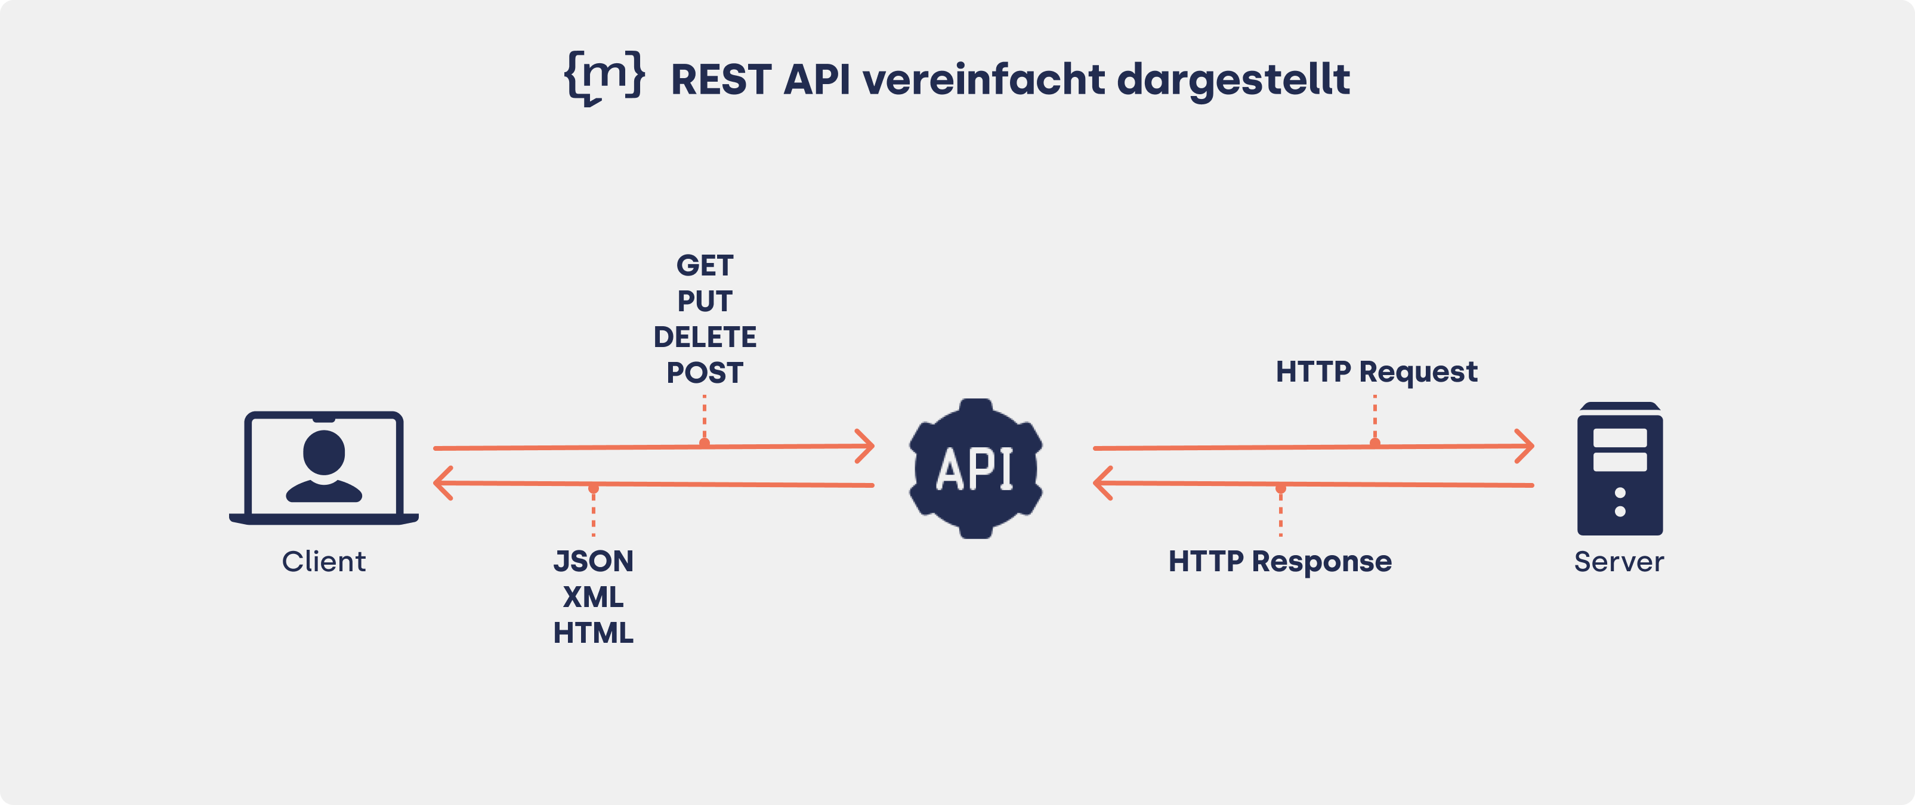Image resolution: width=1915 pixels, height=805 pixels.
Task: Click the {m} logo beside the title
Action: coord(604,78)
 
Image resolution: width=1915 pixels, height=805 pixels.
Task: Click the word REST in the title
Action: coord(720,79)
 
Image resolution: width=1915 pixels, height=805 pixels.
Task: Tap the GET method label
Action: coord(704,265)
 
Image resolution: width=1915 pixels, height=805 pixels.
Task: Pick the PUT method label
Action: coord(704,301)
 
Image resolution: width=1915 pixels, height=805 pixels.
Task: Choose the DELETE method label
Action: coord(704,337)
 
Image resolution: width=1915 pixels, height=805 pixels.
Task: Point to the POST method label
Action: coord(704,373)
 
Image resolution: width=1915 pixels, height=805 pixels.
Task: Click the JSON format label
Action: coord(593,561)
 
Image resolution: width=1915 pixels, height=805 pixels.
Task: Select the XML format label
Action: coord(593,597)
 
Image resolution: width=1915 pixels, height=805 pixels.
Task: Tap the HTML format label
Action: coord(593,633)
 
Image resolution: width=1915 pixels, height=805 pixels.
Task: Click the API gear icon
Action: coord(975,468)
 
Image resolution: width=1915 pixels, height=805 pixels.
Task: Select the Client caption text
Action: coord(324,561)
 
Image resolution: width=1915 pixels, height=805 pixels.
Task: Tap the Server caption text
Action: coord(1619,561)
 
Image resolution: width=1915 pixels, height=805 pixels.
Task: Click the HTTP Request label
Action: coord(1376,371)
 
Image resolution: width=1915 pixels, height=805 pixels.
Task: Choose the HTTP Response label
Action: coord(1280,561)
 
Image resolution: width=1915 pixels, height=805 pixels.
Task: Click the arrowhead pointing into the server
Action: coord(1525,446)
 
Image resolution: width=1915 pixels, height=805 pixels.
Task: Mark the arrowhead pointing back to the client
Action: coord(443,483)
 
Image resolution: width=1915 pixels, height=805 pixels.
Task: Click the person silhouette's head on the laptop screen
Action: coord(324,451)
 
